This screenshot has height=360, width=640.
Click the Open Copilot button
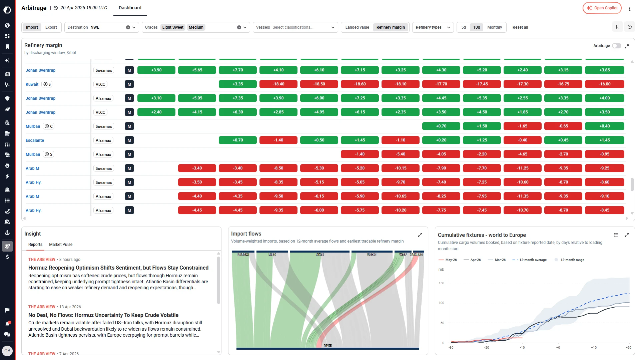click(602, 8)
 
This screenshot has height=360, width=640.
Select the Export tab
click(51, 27)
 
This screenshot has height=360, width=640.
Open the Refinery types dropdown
click(433, 27)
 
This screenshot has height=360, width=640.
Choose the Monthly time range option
click(494, 27)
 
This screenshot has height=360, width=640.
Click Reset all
click(520, 27)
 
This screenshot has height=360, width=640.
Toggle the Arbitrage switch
click(616, 46)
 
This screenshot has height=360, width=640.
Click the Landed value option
click(357, 27)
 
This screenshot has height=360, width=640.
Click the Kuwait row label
click(32, 84)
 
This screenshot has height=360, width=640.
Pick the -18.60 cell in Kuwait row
click(360, 84)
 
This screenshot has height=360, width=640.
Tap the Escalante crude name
click(35, 140)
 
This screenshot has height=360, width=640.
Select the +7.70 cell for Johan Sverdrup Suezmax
click(237, 70)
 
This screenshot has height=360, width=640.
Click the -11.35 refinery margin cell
click(522, 196)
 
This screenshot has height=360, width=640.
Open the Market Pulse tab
click(61, 245)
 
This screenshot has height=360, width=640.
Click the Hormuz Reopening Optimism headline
click(118, 268)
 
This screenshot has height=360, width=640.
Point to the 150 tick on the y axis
click(441, 283)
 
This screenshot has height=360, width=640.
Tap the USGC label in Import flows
click(372, 255)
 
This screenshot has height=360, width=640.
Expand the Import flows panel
click(420, 235)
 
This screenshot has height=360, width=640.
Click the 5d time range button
click(464, 27)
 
